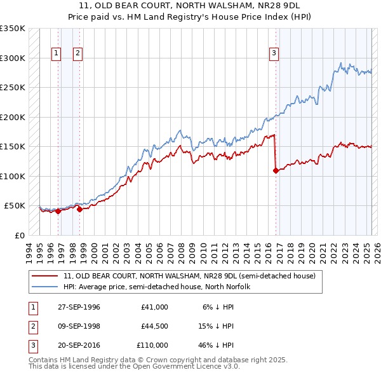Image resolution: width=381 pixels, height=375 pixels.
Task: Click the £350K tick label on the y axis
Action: tap(12, 29)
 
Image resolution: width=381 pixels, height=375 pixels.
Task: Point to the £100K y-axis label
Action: tap(12, 176)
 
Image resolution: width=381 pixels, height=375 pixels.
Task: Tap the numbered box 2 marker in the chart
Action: tap(77, 53)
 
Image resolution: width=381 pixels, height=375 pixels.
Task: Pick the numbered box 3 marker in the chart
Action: tap(274, 53)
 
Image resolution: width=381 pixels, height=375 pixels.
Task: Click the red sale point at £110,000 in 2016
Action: tap(276, 170)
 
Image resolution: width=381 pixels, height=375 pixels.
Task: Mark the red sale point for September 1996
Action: tap(58, 212)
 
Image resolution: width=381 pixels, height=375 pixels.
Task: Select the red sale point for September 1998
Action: tap(79, 209)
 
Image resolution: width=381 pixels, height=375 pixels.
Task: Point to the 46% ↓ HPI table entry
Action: tap(217, 345)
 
